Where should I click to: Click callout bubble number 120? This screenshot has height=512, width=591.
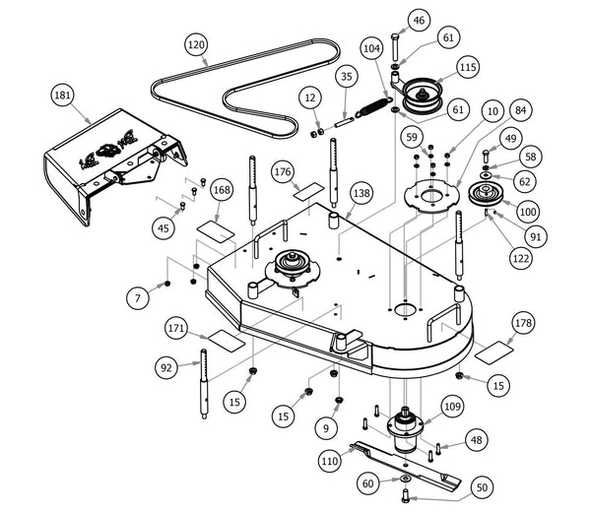click(196, 45)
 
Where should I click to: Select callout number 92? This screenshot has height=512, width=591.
click(165, 367)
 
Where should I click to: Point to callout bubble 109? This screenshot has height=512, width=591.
click(451, 403)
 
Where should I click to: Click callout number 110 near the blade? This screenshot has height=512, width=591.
click(331, 459)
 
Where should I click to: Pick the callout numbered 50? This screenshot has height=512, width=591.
click(482, 486)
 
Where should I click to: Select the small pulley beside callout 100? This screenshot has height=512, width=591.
click(486, 193)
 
